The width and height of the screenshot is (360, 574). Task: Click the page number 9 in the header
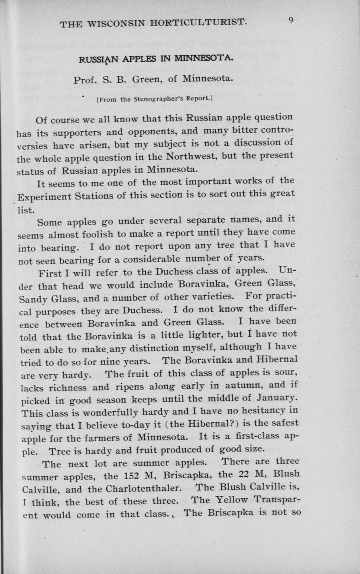291,20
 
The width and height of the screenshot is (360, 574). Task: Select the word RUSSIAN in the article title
97,59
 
